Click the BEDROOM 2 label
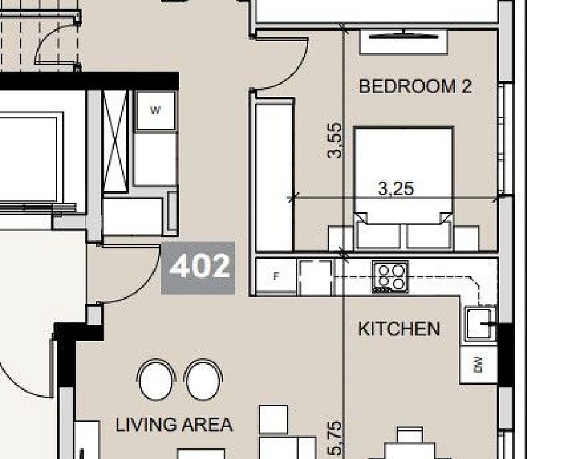coord(415,86)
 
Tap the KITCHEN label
coord(398,330)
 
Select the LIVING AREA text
coord(174,425)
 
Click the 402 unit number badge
coord(198,268)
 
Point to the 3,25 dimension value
coord(395,189)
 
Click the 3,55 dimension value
coord(334,141)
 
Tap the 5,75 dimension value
coord(334,438)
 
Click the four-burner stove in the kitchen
coord(390,277)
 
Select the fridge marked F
coord(276,276)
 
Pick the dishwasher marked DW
coord(478,365)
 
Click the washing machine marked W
coord(156,110)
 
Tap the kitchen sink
coord(480,323)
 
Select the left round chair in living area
coord(156,380)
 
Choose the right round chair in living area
coord(203,380)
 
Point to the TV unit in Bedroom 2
coord(403,42)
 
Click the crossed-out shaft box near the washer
coord(115,141)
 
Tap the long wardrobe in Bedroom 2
coord(275,175)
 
